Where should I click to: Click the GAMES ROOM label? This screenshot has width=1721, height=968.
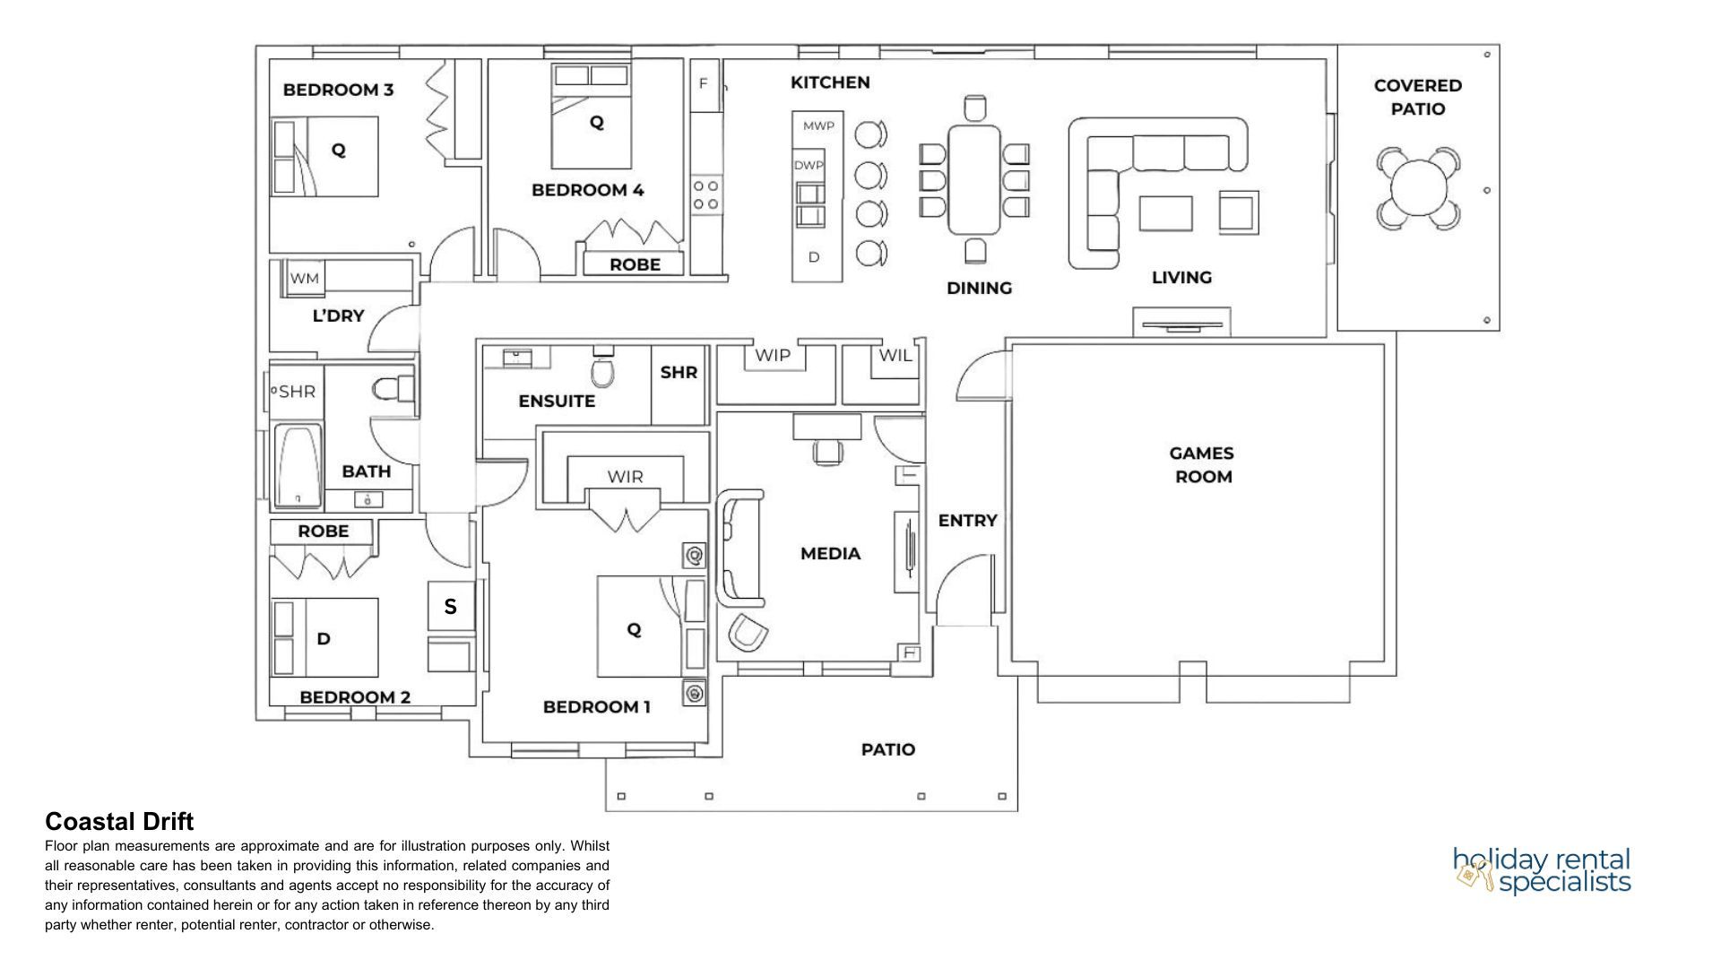click(x=1203, y=465)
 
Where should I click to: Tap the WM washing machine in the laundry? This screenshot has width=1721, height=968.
click(x=305, y=279)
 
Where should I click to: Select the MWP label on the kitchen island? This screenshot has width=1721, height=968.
click(x=817, y=126)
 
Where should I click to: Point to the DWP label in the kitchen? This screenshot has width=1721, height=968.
click(x=809, y=166)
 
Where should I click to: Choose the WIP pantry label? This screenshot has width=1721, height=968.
click(x=773, y=356)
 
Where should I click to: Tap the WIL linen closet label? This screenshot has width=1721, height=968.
click(x=895, y=356)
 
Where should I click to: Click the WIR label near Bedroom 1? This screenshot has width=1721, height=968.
click(x=625, y=477)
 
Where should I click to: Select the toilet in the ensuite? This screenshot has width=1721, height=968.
click(x=603, y=369)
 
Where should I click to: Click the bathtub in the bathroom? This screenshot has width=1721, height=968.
click(x=298, y=465)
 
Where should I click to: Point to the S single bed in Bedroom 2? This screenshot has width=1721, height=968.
click(x=450, y=607)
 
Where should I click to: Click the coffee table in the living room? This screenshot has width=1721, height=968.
click(x=1165, y=214)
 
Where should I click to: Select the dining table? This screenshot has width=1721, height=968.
click(x=974, y=179)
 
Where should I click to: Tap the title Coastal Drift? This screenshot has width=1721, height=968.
click(x=119, y=822)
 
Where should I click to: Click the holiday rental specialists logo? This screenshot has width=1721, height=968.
click(x=1542, y=870)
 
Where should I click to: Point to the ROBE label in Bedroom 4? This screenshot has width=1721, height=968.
click(x=635, y=264)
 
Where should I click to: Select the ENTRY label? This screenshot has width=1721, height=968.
click(x=967, y=521)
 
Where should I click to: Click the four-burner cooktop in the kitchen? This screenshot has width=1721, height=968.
click(x=705, y=195)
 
